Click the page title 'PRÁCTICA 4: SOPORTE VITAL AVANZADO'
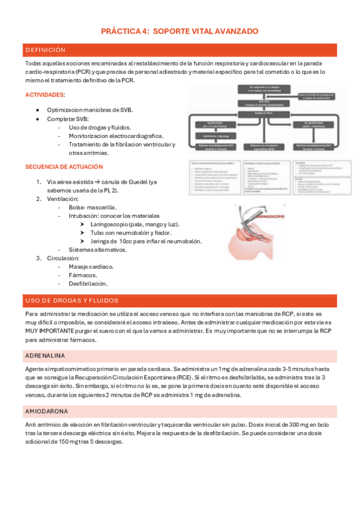(180, 31)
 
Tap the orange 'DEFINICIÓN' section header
(46, 50)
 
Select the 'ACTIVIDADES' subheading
(45, 95)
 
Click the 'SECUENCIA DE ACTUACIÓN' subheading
(64, 166)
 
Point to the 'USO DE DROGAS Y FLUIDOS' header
(71, 300)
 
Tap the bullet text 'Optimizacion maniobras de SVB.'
(90, 110)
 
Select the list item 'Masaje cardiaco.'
(91, 266)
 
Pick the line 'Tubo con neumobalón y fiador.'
(131, 232)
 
